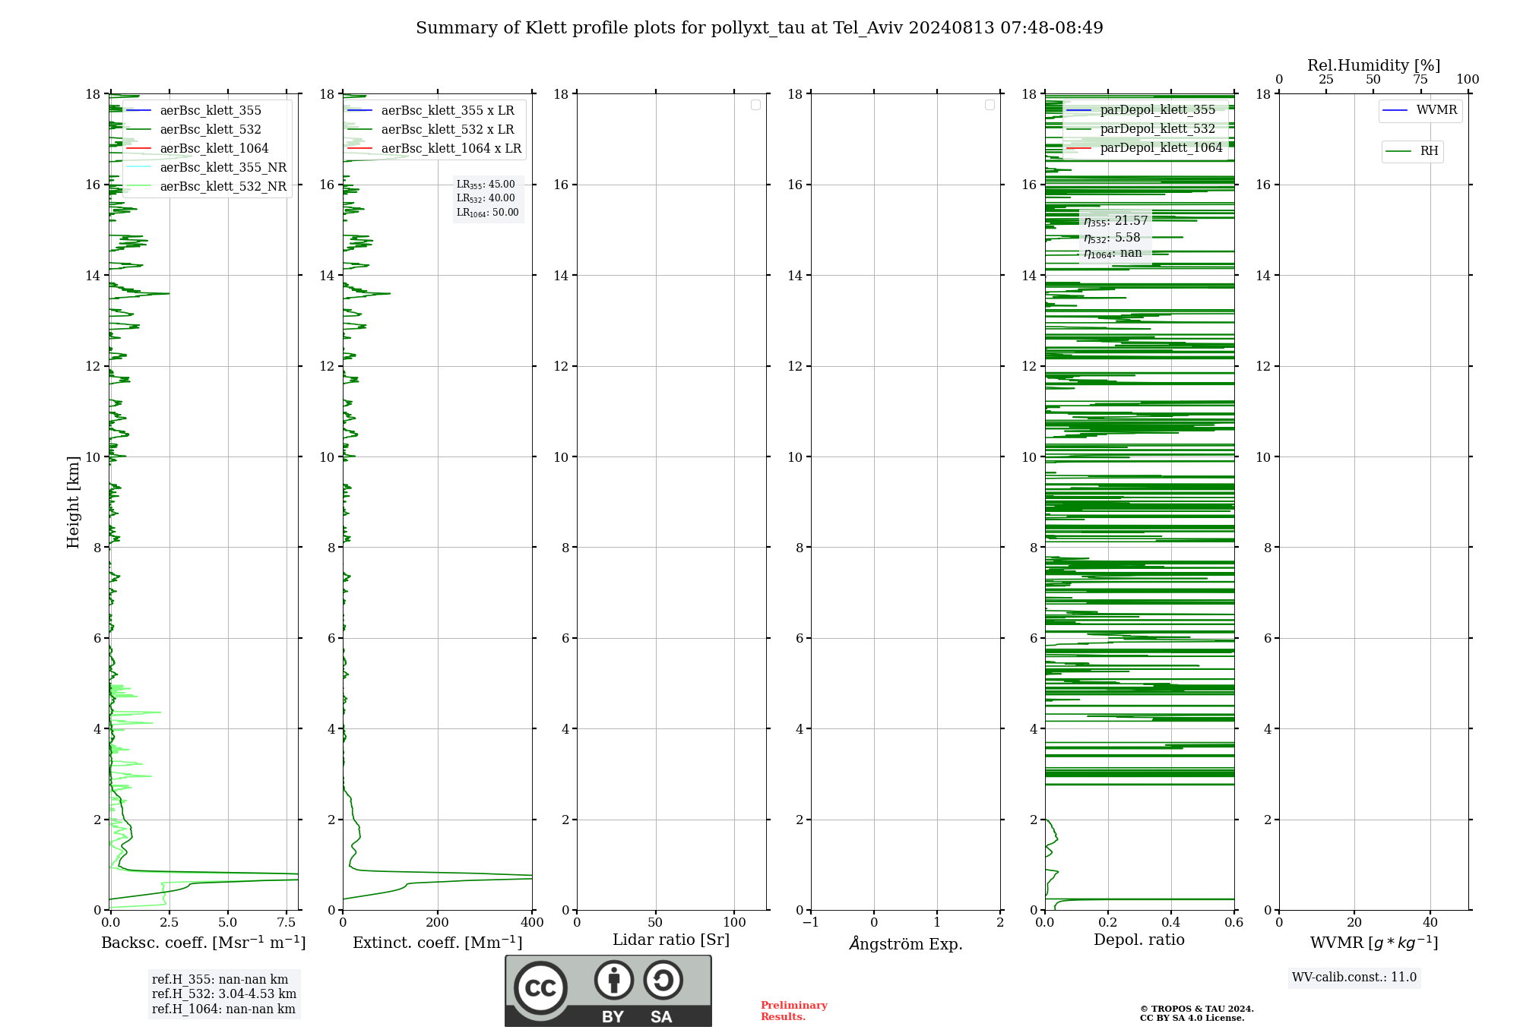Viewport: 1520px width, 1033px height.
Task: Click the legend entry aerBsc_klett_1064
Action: point(214,148)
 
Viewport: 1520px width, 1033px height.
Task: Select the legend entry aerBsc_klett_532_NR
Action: point(223,186)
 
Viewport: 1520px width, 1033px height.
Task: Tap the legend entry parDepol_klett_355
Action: point(1157,110)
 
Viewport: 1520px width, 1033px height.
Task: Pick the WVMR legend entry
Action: point(1436,110)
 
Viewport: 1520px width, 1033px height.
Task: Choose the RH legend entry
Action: point(1429,151)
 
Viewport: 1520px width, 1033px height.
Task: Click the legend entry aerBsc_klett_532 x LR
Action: point(447,129)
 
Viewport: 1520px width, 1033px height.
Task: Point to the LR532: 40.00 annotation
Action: point(486,198)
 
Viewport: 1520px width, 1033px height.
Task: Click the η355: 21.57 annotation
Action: point(1116,221)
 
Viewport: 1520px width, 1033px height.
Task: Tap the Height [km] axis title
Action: point(73,502)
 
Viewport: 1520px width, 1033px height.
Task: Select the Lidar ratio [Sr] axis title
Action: point(671,940)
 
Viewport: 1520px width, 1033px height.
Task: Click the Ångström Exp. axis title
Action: point(905,944)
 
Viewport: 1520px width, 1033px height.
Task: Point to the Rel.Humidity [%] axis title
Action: point(1373,65)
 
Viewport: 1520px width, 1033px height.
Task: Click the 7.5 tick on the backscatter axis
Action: point(287,923)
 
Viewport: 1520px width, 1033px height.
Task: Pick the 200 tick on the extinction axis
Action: point(438,923)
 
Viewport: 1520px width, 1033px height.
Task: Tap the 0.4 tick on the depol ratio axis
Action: point(1171,923)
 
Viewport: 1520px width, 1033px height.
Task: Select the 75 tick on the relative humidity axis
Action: point(1420,80)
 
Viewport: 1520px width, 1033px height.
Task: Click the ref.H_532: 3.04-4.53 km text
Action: point(224,994)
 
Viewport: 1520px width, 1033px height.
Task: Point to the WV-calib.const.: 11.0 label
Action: point(1354,978)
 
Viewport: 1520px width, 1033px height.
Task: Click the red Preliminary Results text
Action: point(793,1011)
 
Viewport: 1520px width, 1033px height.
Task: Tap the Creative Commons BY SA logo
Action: point(608,991)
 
